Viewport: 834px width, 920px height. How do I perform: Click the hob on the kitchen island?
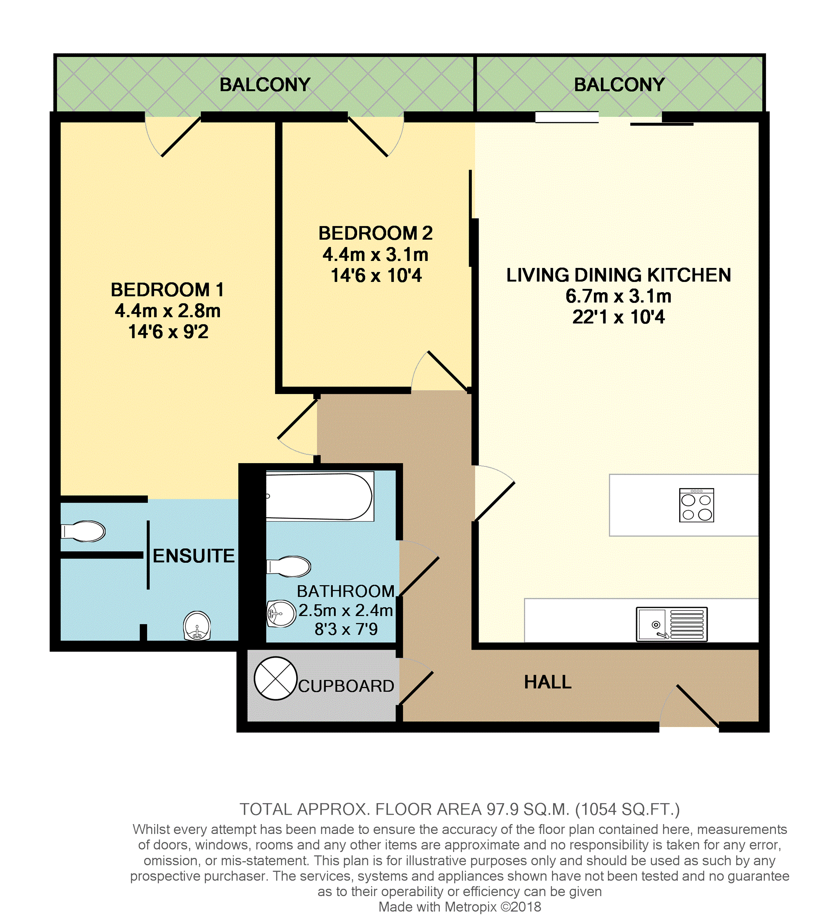[696, 505]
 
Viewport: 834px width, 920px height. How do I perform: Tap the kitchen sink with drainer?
[671, 624]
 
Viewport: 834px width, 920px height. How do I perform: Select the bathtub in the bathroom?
[320, 496]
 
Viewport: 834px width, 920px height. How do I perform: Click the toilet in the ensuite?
[83, 531]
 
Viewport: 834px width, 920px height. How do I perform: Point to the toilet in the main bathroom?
[288, 566]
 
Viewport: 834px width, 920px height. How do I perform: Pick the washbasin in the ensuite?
[197, 626]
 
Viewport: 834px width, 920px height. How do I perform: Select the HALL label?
[547, 682]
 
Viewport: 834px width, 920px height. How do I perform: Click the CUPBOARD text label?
[346, 686]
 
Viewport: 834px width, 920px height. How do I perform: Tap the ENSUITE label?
[194, 556]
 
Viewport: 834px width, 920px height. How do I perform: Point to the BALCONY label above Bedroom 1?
[265, 84]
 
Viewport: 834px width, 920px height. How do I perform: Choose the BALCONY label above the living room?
[619, 84]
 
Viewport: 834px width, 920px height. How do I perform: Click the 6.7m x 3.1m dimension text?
[619, 296]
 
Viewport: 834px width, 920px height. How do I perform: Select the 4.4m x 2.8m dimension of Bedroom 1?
[168, 311]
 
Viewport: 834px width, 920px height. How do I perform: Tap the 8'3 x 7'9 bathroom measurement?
[346, 629]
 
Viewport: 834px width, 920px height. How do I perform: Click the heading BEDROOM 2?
[375, 233]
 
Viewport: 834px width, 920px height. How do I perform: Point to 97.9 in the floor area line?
[502, 809]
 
